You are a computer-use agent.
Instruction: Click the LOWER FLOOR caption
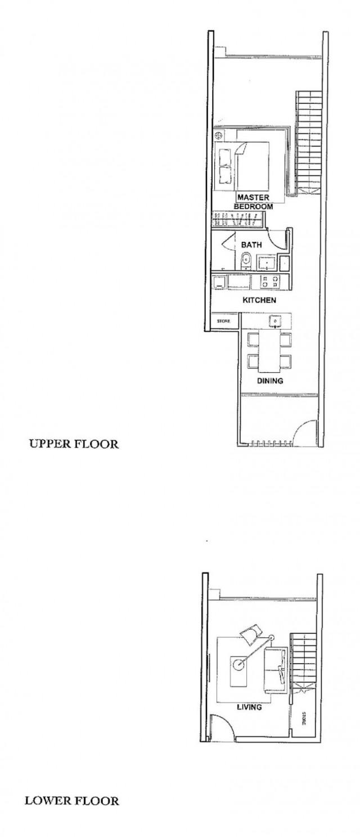71,800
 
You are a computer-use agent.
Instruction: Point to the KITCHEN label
259,300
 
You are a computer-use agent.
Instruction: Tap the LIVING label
249,708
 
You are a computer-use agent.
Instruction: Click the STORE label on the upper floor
224,321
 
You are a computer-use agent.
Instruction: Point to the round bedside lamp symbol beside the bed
219,136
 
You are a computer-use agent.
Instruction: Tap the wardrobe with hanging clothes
237,220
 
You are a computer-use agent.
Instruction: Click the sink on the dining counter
275,320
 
